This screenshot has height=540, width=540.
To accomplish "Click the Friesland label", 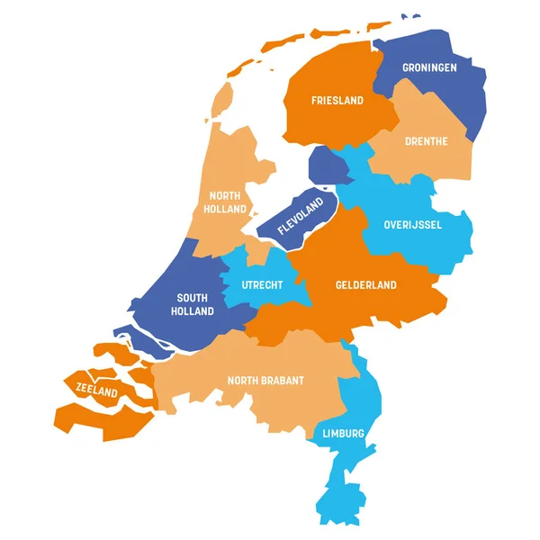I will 337,101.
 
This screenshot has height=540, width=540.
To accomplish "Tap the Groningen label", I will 430,67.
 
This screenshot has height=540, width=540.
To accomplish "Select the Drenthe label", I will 427,141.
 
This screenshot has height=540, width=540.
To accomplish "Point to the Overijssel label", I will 412,224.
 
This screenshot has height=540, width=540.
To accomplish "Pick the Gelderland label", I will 366,285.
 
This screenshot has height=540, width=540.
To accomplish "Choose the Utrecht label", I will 263,285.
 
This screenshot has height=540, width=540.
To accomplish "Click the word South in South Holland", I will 193,298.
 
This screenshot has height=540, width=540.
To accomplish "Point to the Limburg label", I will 343,434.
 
